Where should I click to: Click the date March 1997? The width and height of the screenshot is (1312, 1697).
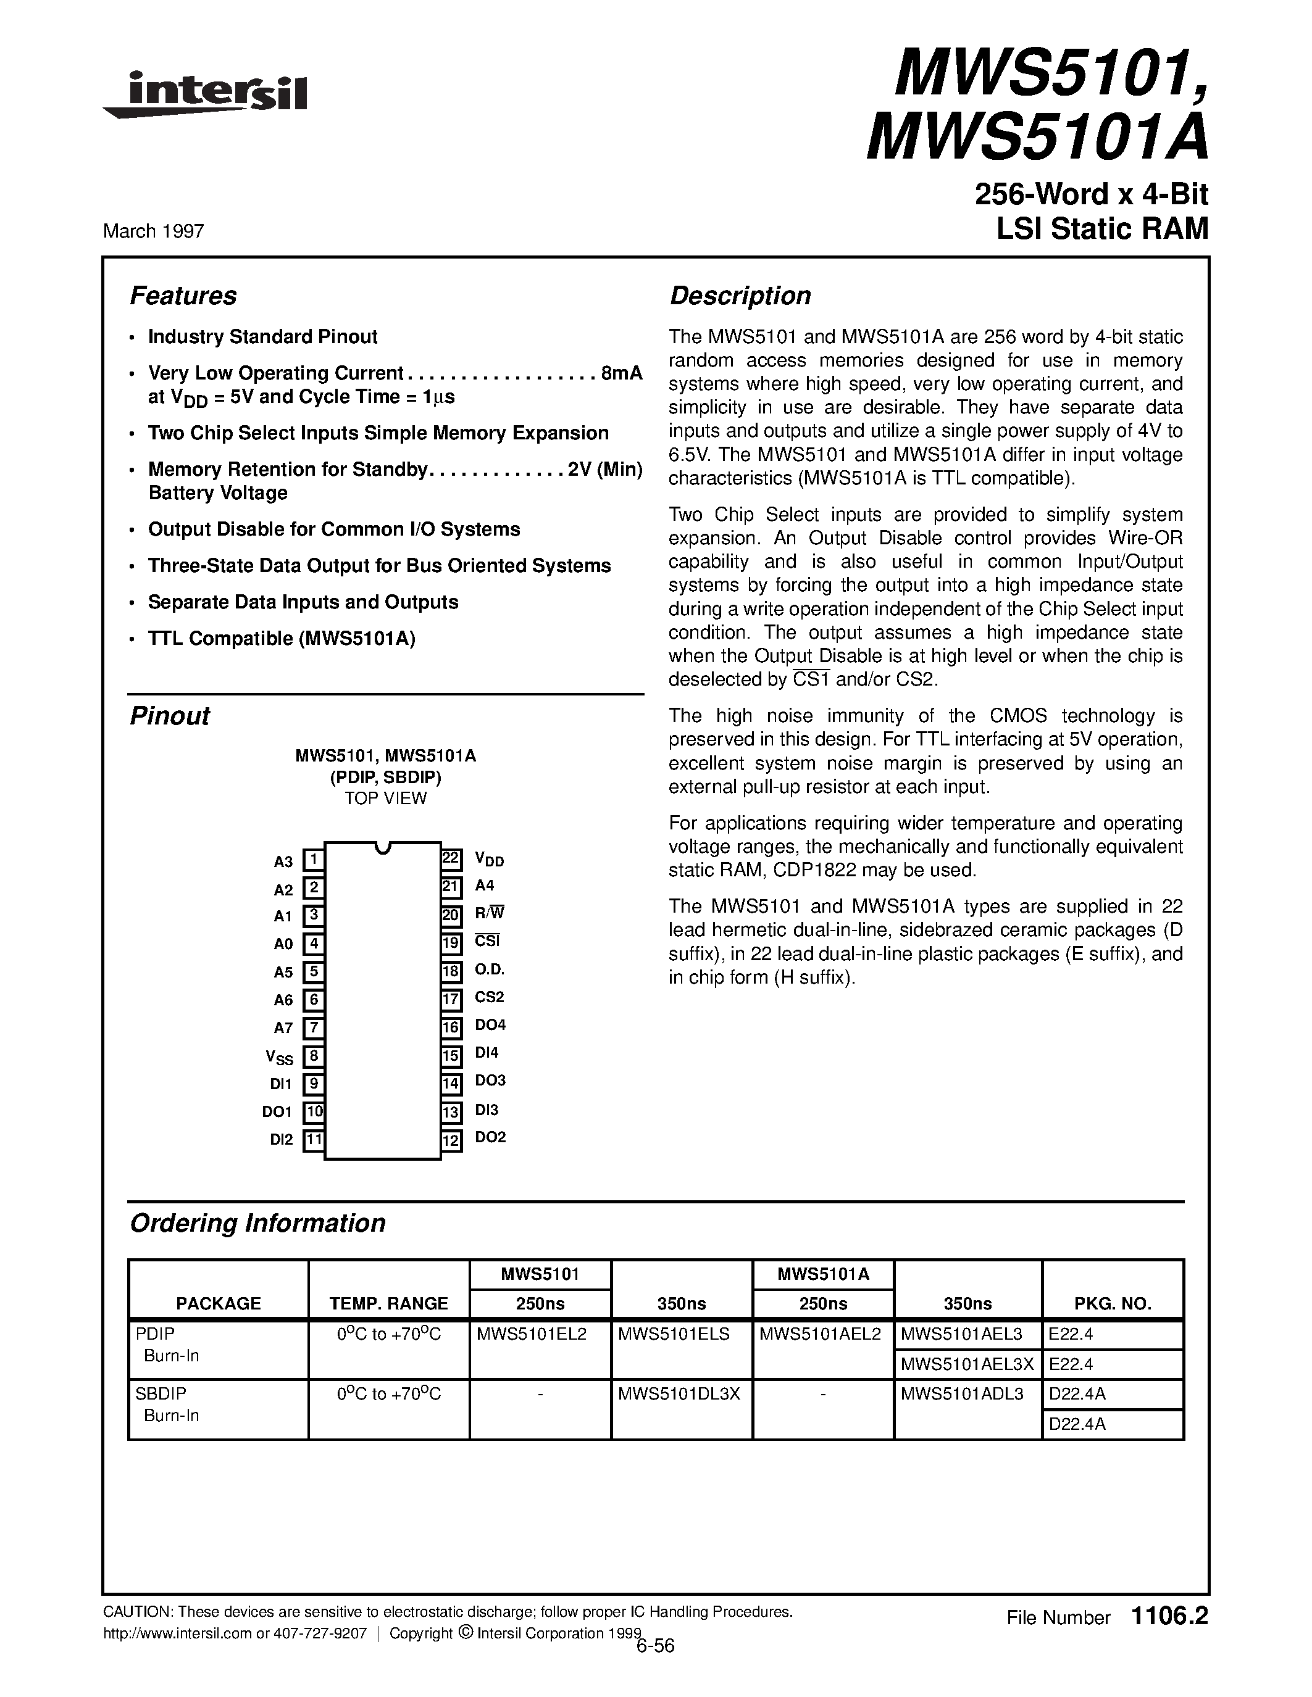pyautogui.click(x=153, y=231)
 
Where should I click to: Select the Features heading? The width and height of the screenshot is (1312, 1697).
pyautogui.click(x=183, y=296)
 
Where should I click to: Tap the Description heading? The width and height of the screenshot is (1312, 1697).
pyautogui.click(x=740, y=296)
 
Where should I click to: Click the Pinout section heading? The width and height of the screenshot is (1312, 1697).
pyautogui.click(x=169, y=716)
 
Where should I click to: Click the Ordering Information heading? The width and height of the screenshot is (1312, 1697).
pyautogui.click(x=257, y=1223)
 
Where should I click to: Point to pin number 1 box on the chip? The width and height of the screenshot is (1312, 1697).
pyautogui.click(x=312, y=860)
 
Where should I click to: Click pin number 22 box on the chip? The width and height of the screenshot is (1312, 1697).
pyautogui.click(x=451, y=858)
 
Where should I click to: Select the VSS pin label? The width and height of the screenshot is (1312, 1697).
pyautogui.click(x=279, y=1056)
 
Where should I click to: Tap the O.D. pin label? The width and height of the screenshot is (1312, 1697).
pyautogui.click(x=490, y=969)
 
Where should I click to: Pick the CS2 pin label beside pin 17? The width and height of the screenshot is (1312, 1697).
pyautogui.click(x=490, y=997)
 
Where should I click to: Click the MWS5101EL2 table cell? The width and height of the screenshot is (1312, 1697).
pyautogui.click(x=532, y=1334)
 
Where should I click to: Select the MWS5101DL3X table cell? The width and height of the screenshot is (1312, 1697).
pyautogui.click(x=679, y=1394)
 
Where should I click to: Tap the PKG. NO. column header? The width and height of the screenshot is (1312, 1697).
pyautogui.click(x=1112, y=1304)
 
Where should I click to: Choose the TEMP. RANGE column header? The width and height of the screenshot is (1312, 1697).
pyautogui.click(x=388, y=1304)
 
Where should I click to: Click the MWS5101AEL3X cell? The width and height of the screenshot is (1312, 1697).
pyautogui.click(x=967, y=1364)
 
